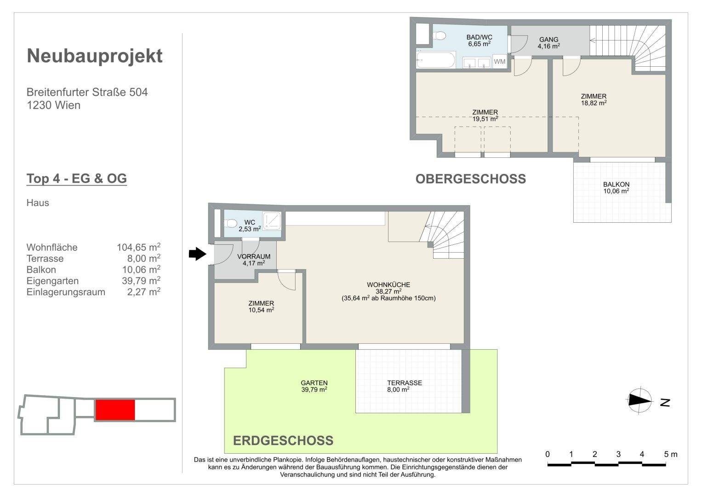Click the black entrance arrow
coord(197,254)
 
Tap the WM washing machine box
coord(500,61)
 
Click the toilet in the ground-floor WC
coord(231,224)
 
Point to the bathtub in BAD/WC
coord(436,60)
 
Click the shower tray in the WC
coord(272,221)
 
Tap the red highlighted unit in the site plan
coord(115,410)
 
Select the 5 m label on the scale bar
coord(670,454)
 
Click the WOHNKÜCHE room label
coord(388,284)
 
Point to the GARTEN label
coord(314,383)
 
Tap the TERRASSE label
coord(405,383)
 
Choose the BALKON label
coord(616,185)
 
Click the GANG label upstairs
coord(549,40)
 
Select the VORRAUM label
coord(254,256)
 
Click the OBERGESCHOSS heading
coord(471,179)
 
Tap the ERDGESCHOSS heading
coord(283,440)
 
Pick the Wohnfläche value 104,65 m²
coord(139,247)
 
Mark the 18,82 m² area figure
coord(594,103)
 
